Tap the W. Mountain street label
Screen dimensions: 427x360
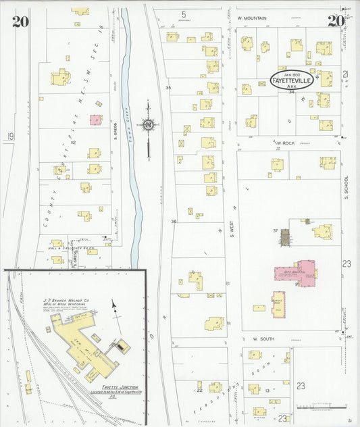click(x=253, y=18)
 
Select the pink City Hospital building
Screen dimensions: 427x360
click(x=295, y=273)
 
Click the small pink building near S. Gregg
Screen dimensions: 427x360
click(x=94, y=120)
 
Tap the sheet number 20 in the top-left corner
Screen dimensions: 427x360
click(x=20, y=20)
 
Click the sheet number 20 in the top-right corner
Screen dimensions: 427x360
click(x=336, y=20)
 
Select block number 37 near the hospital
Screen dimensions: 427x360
click(x=276, y=230)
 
